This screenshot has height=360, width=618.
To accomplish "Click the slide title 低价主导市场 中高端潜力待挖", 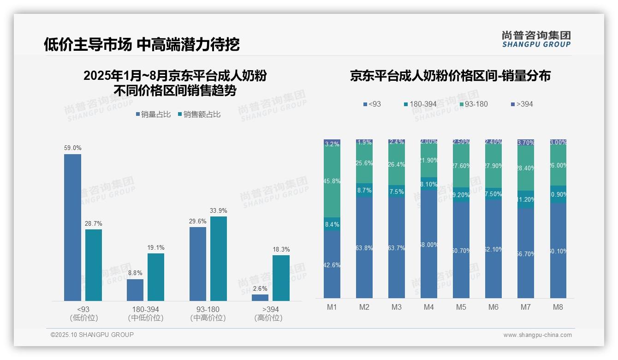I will [x=142, y=44].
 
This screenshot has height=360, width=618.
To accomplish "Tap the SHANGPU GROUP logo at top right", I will [x=536, y=39].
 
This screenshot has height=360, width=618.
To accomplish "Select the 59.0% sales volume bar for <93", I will [x=72, y=228].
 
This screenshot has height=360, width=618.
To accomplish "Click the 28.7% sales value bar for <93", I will [x=94, y=265].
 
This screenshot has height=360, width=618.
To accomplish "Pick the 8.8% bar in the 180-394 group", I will [x=135, y=290].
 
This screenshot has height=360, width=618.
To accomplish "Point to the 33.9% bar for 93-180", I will [x=219, y=259].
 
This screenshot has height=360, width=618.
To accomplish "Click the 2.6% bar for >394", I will [x=260, y=298].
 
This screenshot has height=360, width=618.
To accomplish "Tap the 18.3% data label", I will [x=281, y=249].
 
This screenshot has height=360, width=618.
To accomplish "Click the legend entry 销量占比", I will [x=153, y=114].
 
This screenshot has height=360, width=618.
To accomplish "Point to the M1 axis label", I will [x=332, y=307].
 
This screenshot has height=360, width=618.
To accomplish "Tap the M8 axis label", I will [x=558, y=307].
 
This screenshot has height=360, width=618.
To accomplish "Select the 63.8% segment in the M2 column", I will [x=364, y=248].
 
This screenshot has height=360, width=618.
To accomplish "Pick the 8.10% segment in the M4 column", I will [x=429, y=184].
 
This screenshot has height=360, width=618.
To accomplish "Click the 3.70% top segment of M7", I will [x=526, y=143].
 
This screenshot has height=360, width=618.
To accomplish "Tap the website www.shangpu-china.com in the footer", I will [x=537, y=335].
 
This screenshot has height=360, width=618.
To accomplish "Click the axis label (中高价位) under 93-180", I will [x=208, y=318].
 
